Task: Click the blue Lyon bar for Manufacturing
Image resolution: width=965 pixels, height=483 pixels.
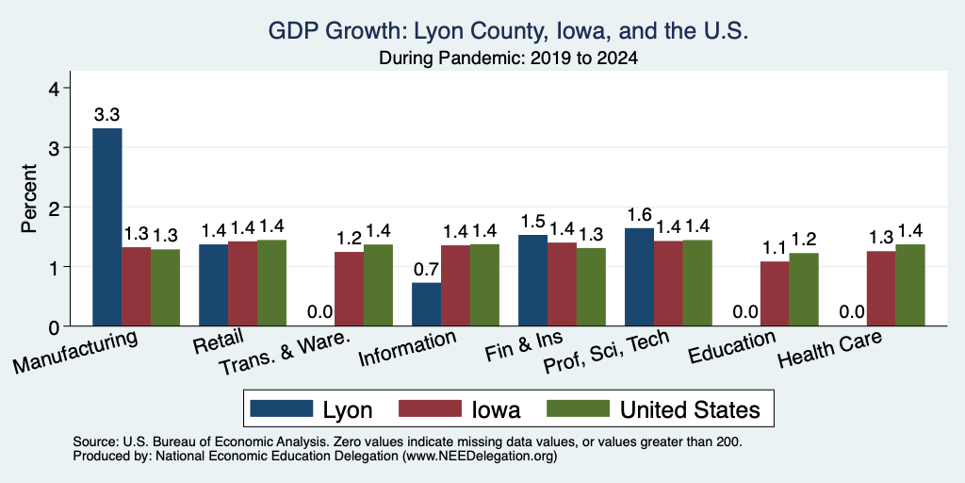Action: (x=107, y=226)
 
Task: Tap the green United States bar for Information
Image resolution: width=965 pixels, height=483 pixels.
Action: (x=485, y=285)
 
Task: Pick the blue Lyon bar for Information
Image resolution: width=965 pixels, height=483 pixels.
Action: (x=427, y=305)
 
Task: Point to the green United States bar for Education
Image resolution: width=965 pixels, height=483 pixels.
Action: (x=804, y=290)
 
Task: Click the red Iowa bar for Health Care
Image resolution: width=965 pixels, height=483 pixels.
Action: (x=881, y=289)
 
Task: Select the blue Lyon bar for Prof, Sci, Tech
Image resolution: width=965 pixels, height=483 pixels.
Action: (x=640, y=276)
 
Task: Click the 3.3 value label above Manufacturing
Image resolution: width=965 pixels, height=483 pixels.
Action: (x=107, y=114)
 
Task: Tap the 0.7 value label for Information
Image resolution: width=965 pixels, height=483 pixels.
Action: (x=427, y=269)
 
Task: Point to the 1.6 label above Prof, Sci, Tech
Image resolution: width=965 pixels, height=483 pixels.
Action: (x=640, y=214)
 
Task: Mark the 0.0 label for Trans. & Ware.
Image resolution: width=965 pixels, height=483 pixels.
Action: (x=320, y=311)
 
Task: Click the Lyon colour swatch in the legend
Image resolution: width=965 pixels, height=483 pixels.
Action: (x=282, y=408)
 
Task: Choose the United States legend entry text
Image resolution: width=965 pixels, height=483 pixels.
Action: (x=690, y=409)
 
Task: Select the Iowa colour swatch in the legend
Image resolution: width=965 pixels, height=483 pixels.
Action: (x=430, y=408)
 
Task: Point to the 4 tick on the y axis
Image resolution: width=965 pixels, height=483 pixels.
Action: (x=54, y=89)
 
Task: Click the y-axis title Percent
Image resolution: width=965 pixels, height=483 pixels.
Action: (x=29, y=198)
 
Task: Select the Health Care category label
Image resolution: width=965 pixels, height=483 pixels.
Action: (x=829, y=348)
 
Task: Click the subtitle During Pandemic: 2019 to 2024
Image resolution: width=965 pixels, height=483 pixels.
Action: (x=508, y=58)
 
